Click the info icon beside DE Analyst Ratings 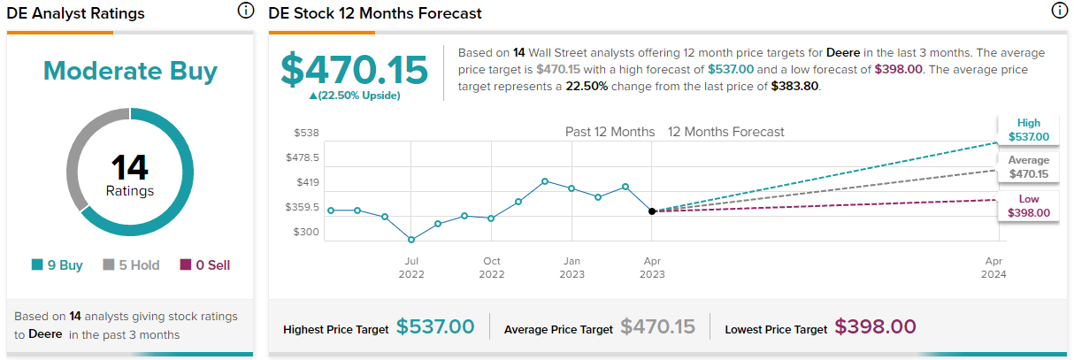pyautogui.click(x=245, y=11)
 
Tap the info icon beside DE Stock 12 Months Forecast pyautogui.click(x=1059, y=11)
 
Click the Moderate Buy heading pyautogui.click(x=130, y=71)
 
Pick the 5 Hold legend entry pyautogui.click(x=134, y=264)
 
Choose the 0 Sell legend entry pyautogui.click(x=205, y=264)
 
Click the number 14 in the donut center pyautogui.click(x=130, y=167)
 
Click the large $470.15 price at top pyautogui.click(x=354, y=71)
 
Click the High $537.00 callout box pyautogui.click(x=1029, y=130)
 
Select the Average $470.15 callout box pyautogui.click(x=1029, y=167)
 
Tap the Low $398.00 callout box pyautogui.click(x=1029, y=206)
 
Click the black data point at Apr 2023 pyautogui.click(x=652, y=211)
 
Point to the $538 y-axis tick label pyautogui.click(x=306, y=133)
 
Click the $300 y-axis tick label pyautogui.click(x=306, y=232)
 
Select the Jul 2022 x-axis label pyautogui.click(x=411, y=267)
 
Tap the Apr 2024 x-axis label pyautogui.click(x=993, y=267)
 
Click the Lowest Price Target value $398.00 pyautogui.click(x=875, y=327)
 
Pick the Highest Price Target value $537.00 pyautogui.click(x=435, y=327)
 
